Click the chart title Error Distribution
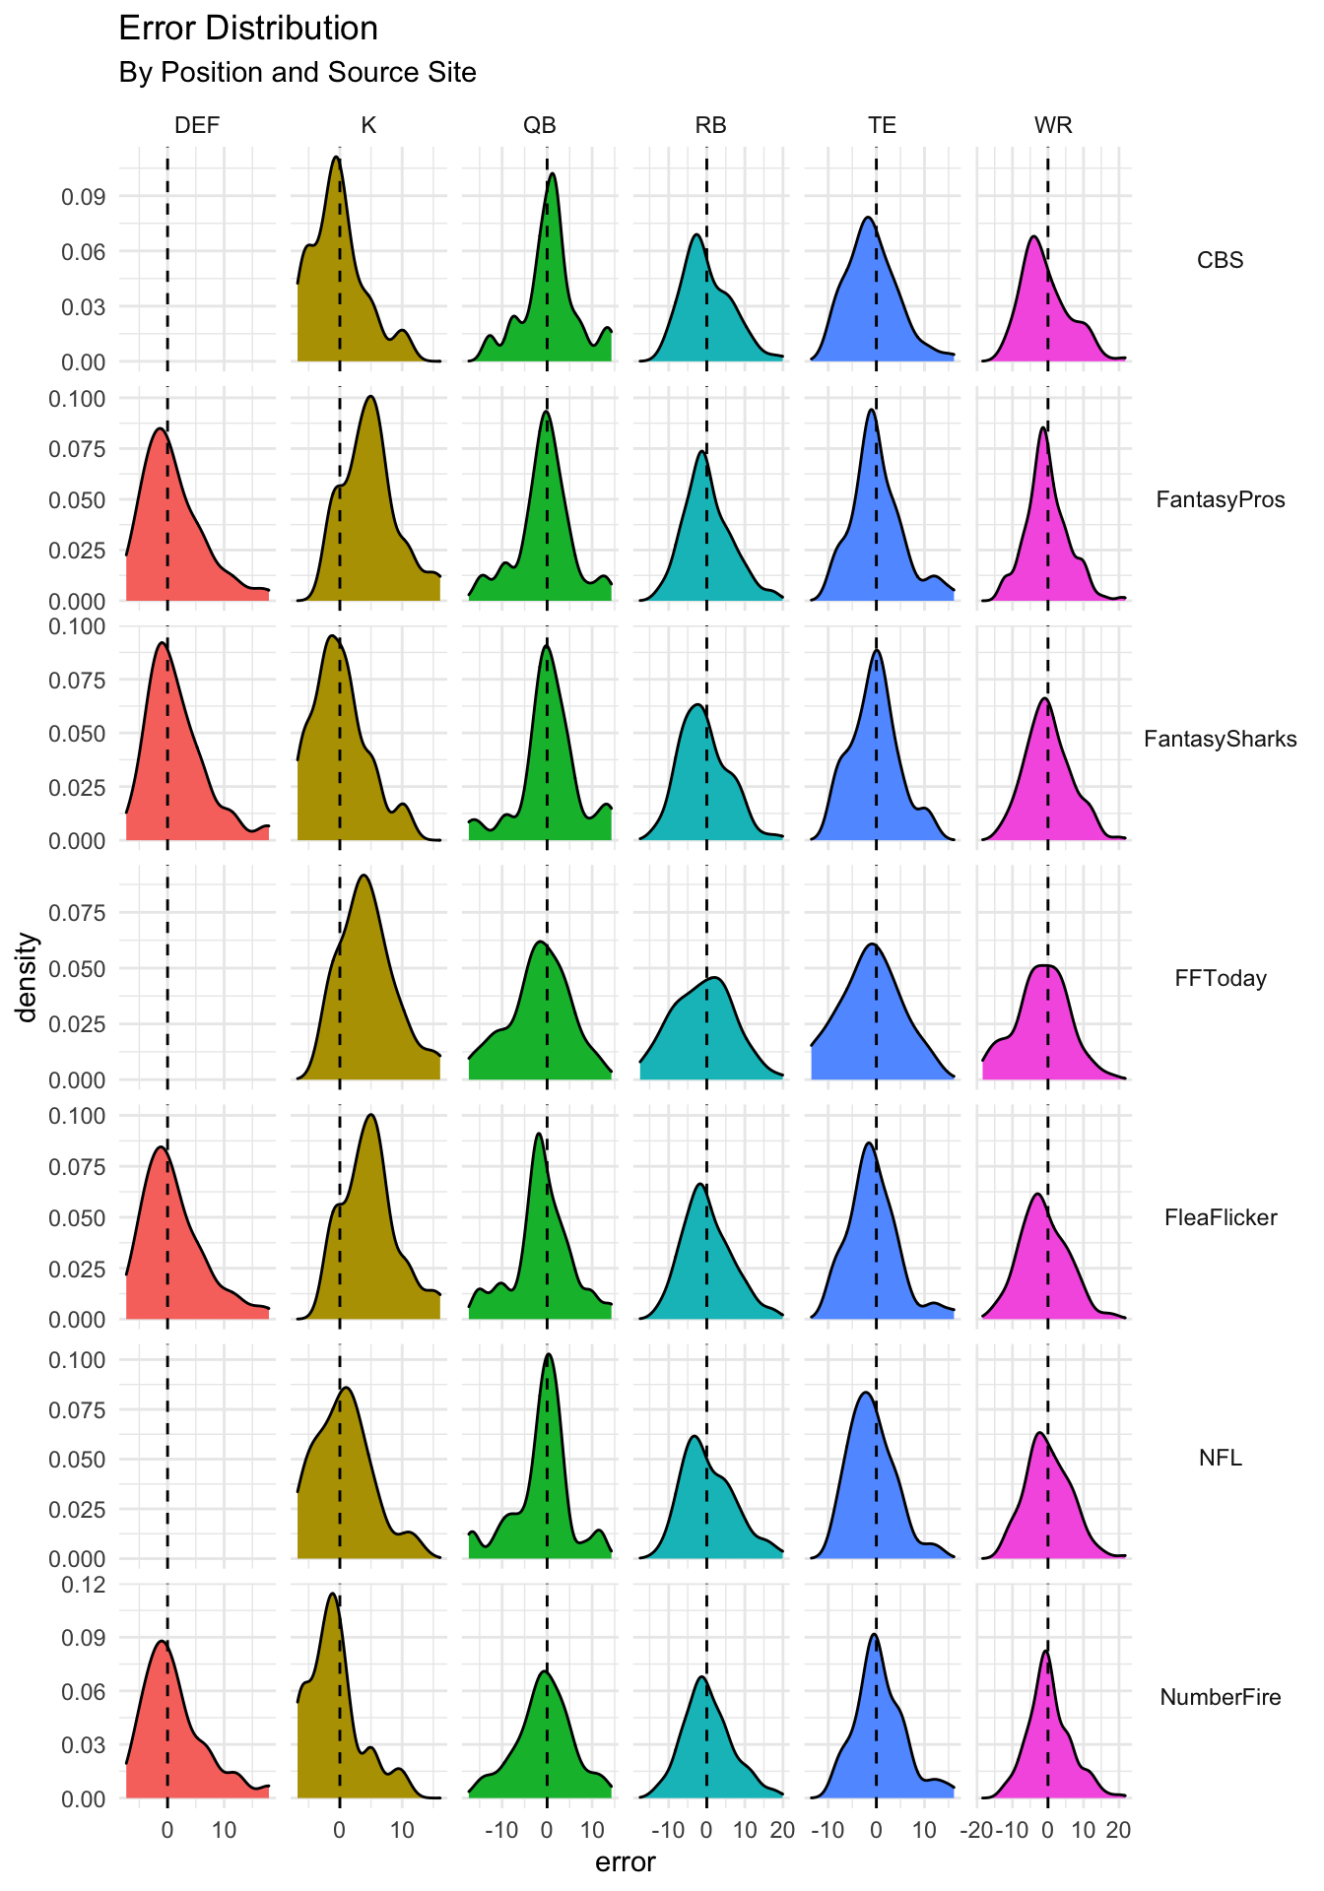(247, 29)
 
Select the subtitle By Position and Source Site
(297, 73)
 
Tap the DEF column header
(197, 125)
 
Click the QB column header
(539, 125)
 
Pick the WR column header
(1053, 125)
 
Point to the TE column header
(882, 125)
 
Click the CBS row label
(1220, 260)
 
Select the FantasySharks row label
(1220, 739)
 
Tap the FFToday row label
(1220, 978)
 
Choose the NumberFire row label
(1220, 1697)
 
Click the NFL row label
(1220, 1458)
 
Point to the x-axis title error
(625, 1862)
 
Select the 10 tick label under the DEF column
(224, 1831)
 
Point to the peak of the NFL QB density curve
(549, 1354)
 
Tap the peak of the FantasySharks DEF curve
(162, 644)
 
